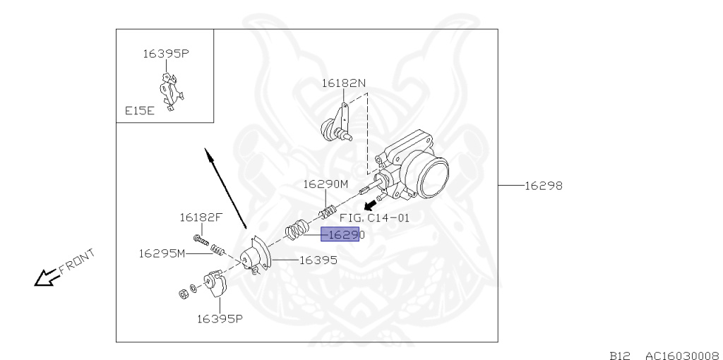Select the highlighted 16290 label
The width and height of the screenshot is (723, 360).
pyautogui.click(x=341, y=234)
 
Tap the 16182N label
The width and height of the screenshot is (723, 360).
pyautogui.click(x=344, y=83)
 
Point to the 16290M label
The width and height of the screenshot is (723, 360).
pyautogui.click(x=325, y=184)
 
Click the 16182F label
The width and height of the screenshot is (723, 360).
pyautogui.click(x=201, y=217)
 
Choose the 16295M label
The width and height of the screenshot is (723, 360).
pyautogui.click(x=162, y=253)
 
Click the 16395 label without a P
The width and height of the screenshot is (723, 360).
pyautogui.click(x=318, y=260)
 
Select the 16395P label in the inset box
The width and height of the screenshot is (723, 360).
pyautogui.click(x=166, y=53)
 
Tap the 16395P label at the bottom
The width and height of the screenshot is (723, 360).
pyautogui.click(x=220, y=318)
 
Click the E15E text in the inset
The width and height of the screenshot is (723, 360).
pyautogui.click(x=140, y=111)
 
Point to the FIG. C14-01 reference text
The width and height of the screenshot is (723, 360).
pyautogui.click(x=374, y=217)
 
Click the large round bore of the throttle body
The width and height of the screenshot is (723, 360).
pyautogui.click(x=433, y=177)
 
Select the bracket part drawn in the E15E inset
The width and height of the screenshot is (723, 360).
pyautogui.click(x=171, y=92)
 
